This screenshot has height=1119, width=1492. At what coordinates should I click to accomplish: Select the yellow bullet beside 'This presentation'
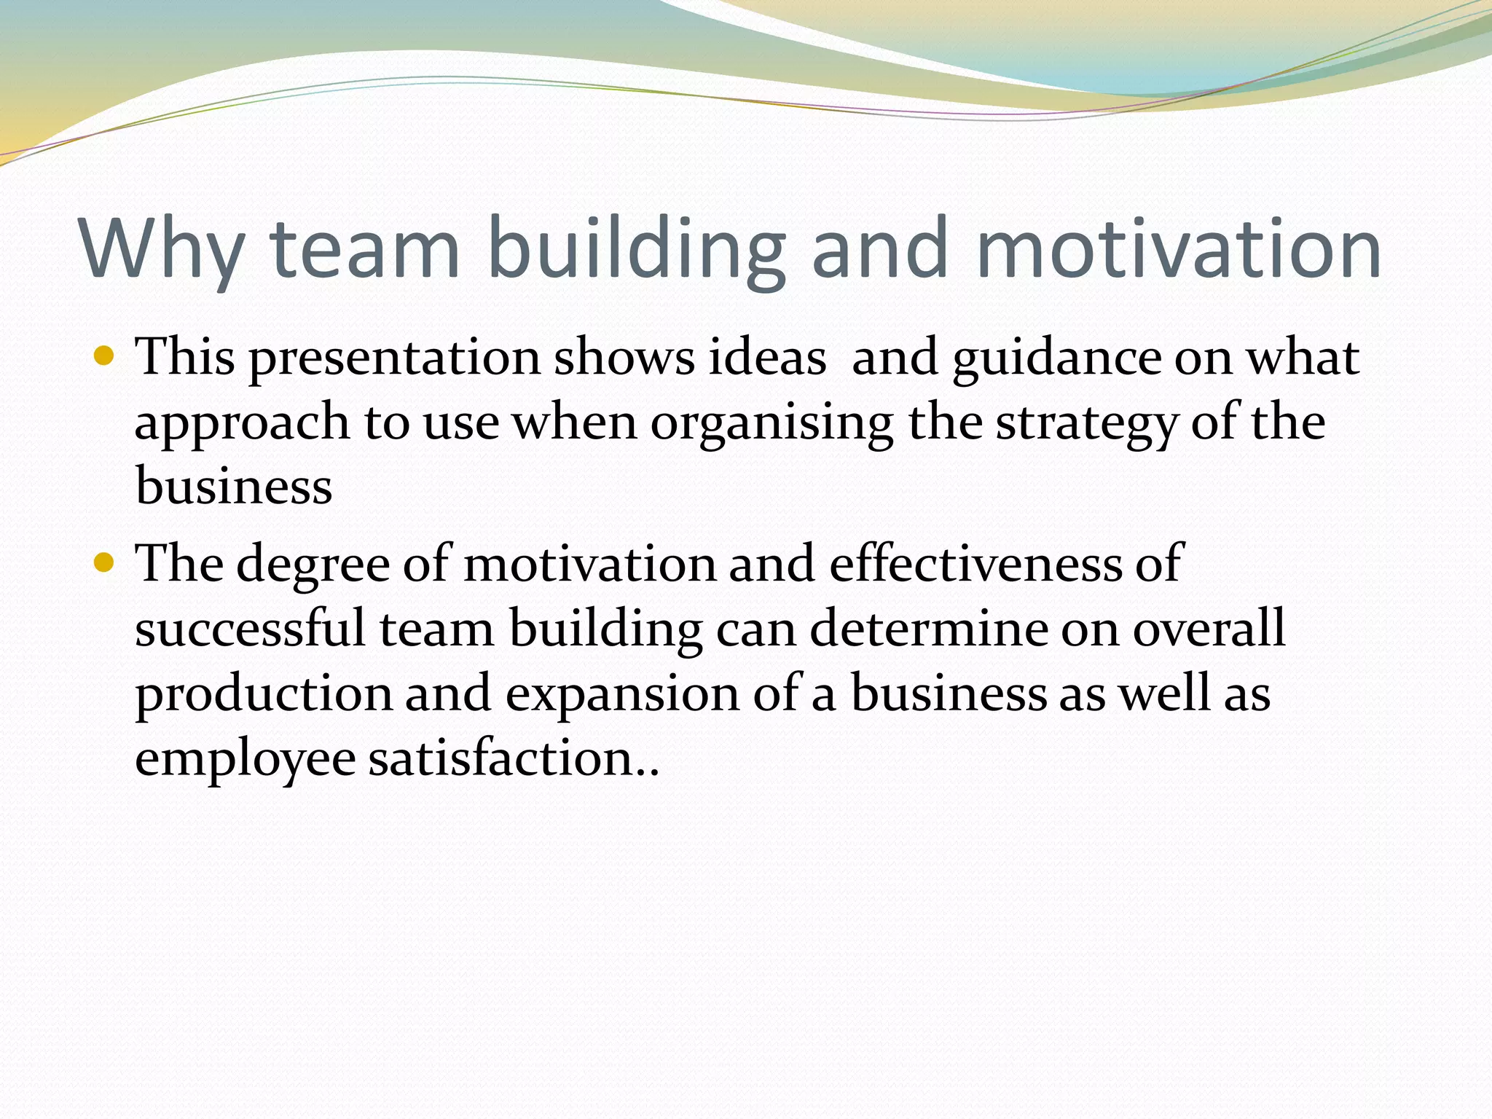[x=105, y=356]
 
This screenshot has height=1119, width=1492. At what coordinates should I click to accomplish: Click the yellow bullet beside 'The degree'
[x=105, y=562]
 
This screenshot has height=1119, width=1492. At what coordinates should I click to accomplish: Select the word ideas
[x=767, y=358]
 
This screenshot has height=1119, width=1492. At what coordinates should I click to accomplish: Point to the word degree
[x=313, y=565]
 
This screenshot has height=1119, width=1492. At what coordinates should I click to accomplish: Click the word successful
[x=250, y=628]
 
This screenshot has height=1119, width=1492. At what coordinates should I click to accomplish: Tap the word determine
[x=929, y=628]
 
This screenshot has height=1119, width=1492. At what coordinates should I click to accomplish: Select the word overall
[x=1209, y=628]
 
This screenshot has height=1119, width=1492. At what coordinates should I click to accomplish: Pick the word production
[x=264, y=694]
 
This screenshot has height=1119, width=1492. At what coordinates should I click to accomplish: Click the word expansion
[x=622, y=694]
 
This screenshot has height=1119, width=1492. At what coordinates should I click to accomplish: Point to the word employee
[x=246, y=760]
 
